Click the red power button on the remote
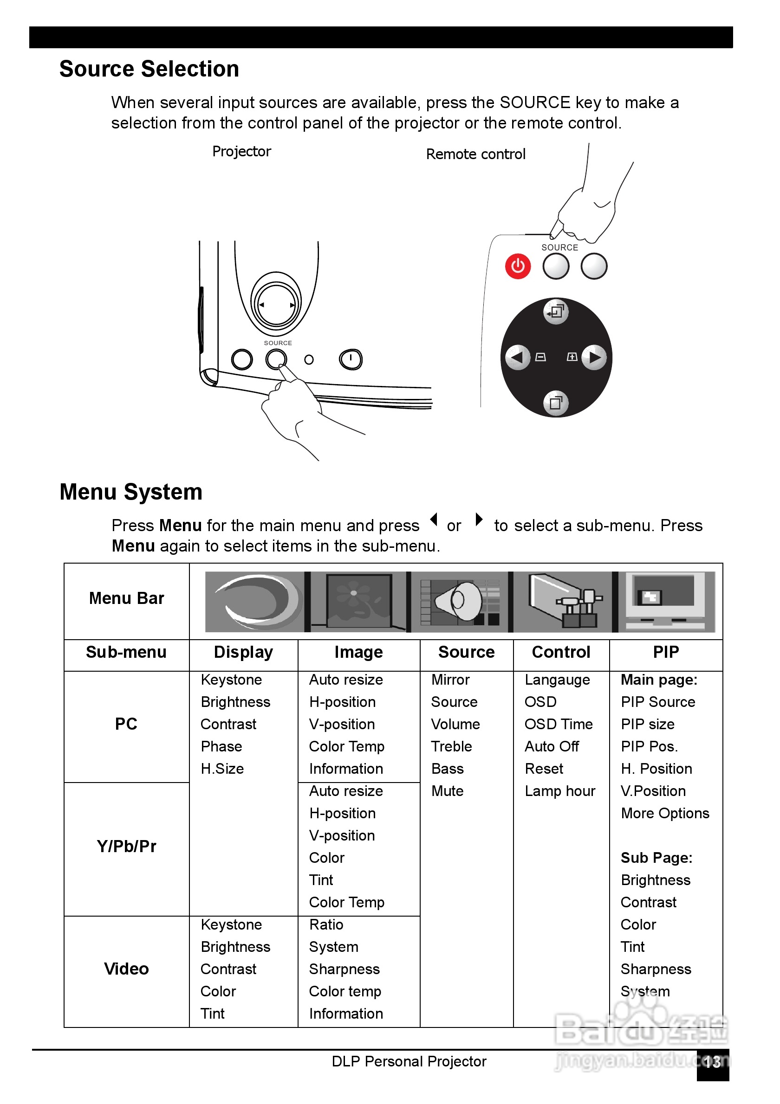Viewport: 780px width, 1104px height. [x=517, y=266]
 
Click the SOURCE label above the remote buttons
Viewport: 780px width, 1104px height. [x=559, y=248]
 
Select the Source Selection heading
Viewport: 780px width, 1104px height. [x=149, y=69]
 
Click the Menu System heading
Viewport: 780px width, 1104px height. [x=131, y=492]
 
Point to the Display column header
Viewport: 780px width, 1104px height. [x=243, y=652]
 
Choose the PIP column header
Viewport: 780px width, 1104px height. [x=665, y=652]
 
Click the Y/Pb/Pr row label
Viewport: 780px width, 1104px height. [x=127, y=846]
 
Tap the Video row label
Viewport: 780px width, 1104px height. [x=127, y=969]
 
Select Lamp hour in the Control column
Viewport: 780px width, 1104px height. [x=559, y=791]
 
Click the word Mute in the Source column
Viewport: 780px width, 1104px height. [x=447, y=791]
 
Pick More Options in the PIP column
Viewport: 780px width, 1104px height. [x=664, y=813]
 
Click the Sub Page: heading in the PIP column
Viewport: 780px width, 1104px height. [x=656, y=858]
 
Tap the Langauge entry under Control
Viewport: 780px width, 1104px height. [x=557, y=680]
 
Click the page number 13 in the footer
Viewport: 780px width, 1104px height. [x=712, y=1061]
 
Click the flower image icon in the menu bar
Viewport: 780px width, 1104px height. [x=358, y=602]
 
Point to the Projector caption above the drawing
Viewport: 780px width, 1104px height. [x=241, y=152]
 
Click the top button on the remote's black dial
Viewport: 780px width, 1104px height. [x=556, y=312]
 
